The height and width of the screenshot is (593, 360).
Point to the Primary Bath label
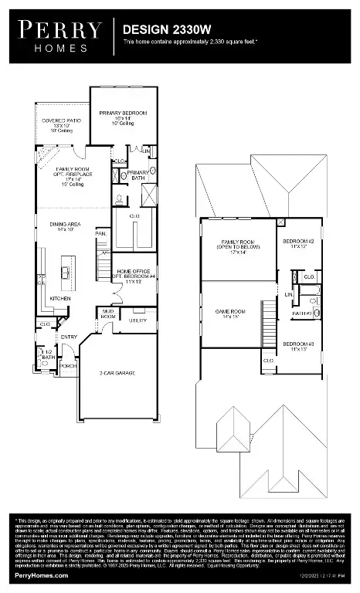[139, 175]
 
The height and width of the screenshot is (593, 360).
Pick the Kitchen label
[61, 297]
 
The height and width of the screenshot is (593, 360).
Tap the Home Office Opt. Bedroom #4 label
[136, 275]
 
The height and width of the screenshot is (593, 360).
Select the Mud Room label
[109, 313]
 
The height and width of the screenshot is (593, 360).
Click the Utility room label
[138, 319]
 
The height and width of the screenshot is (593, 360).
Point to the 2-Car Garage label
[117, 373]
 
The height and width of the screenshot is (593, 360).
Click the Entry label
[70, 337]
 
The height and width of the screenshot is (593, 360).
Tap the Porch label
[69, 365]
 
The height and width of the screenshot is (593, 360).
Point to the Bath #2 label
[301, 313]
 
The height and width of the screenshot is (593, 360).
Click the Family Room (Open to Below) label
[237, 246]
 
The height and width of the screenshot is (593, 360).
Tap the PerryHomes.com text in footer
[38, 575]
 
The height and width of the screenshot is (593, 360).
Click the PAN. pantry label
[100, 232]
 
